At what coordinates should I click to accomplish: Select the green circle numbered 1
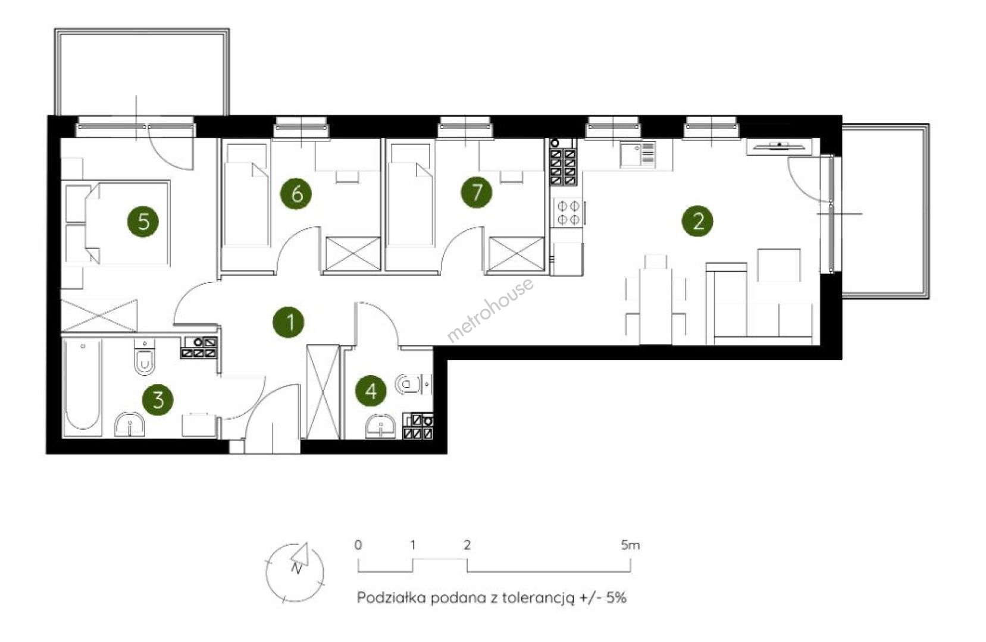(x=289, y=322)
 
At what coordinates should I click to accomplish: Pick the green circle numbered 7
(x=477, y=193)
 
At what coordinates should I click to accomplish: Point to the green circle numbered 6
(x=296, y=193)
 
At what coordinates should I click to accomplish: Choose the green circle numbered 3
(x=158, y=399)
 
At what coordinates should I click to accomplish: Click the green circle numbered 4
(x=371, y=391)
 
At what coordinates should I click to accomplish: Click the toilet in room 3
(x=145, y=357)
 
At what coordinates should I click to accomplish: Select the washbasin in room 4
(x=381, y=426)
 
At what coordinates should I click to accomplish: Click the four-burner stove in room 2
(x=568, y=212)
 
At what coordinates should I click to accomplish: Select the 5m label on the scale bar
(x=630, y=545)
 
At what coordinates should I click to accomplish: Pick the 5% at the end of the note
(x=616, y=598)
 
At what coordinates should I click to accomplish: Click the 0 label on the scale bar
(x=358, y=545)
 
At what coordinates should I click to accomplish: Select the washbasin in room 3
(x=130, y=424)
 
